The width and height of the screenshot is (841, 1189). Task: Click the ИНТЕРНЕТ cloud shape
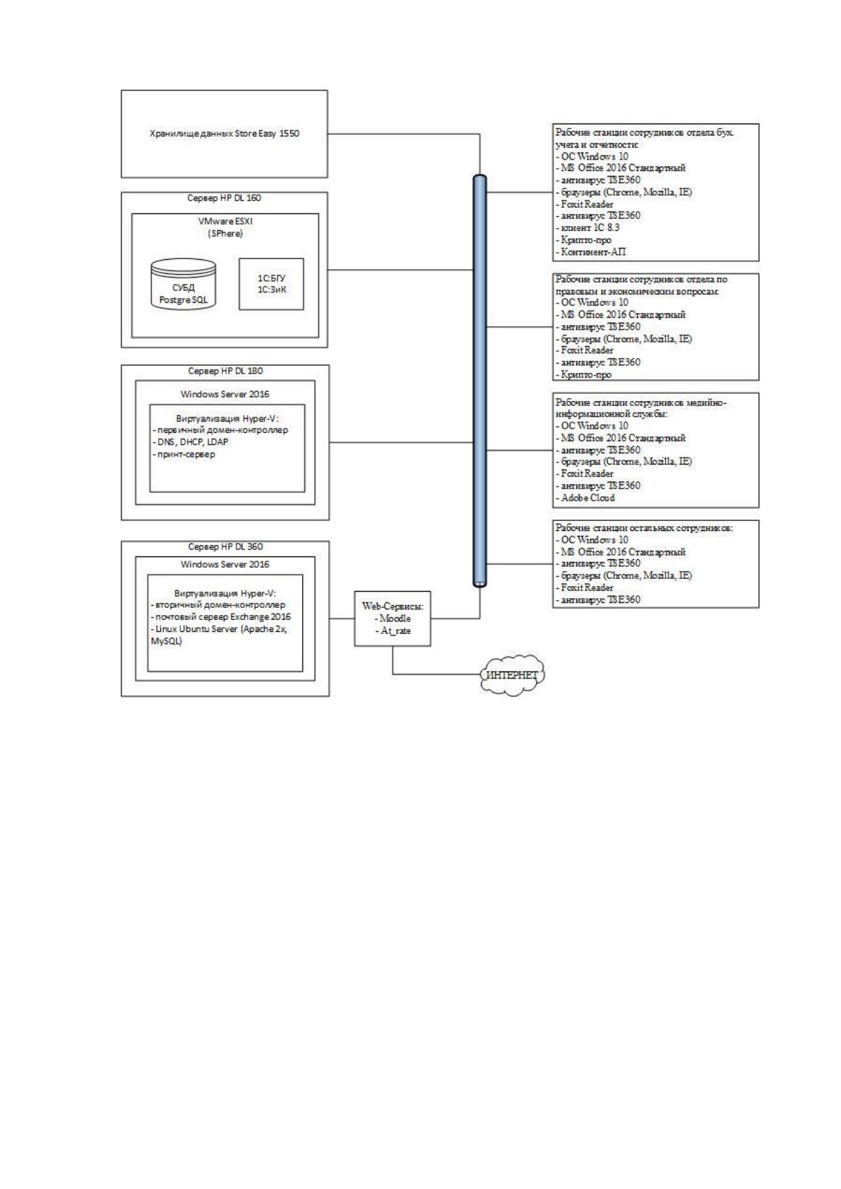tap(512, 675)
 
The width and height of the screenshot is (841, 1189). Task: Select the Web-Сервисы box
tap(393, 619)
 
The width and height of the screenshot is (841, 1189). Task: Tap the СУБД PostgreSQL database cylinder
tap(183, 284)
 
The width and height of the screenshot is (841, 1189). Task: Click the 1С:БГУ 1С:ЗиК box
tap(271, 284)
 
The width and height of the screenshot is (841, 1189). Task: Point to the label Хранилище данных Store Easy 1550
tap(224, 133)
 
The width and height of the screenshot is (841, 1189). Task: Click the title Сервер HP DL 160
tap(224, 198)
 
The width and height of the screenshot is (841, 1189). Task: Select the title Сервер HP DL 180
tap(225, 371)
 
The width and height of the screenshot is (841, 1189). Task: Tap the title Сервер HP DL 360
tap(225, 546)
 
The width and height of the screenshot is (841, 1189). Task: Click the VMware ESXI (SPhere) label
tap(225, 227)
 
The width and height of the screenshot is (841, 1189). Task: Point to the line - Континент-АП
tap(590, 251)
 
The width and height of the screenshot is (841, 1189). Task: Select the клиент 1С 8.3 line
tap(587, 228)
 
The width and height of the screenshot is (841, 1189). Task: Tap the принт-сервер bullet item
tap(184, 455)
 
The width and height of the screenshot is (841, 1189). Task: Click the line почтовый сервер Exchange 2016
tap(221, 617)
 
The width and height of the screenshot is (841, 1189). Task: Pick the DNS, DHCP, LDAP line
tap(191, 441)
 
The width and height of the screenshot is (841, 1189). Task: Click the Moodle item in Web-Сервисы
tap(393, 619)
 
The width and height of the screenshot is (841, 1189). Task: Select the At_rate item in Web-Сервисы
tap(393, 631)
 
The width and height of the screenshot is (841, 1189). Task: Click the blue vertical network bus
tap(479, 381)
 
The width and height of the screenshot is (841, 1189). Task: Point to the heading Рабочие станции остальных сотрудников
tap(644, 527)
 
